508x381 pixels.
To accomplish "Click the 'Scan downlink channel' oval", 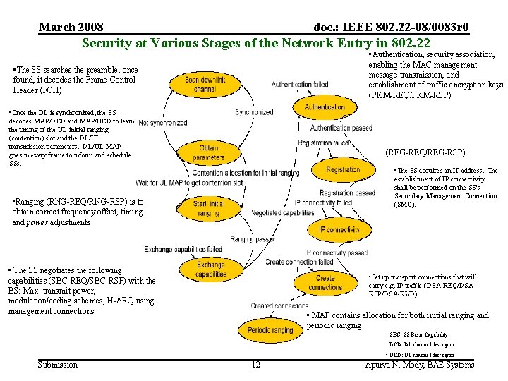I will coord(204,85).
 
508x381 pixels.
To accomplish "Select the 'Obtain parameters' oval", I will coord(208,152).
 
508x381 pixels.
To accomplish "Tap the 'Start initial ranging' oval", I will coord(209,208).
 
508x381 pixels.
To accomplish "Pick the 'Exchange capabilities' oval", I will coord(210,269).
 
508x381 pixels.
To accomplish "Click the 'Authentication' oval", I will coord(325,107).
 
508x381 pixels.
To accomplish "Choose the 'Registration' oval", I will coord(343,169).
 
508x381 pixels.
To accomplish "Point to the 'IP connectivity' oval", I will coord(339,229).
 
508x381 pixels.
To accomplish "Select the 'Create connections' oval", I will coord(325,282).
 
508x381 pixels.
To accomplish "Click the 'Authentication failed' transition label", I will coord(300,85).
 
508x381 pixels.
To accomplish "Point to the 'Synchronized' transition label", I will coord(254,112).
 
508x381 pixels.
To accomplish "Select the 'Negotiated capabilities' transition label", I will coord(282,212).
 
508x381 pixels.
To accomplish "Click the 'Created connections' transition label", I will coord(279,306).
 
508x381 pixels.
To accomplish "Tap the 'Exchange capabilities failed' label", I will coord(183,249).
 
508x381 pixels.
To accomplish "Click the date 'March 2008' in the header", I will coord(71,28).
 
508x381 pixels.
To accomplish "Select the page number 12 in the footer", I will coord(255,364).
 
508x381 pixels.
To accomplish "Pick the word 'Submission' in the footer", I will coord(57,364).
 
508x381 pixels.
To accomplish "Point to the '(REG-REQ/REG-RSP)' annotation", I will coord(425,152).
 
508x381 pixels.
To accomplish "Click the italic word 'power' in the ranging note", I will coord(36,222).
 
